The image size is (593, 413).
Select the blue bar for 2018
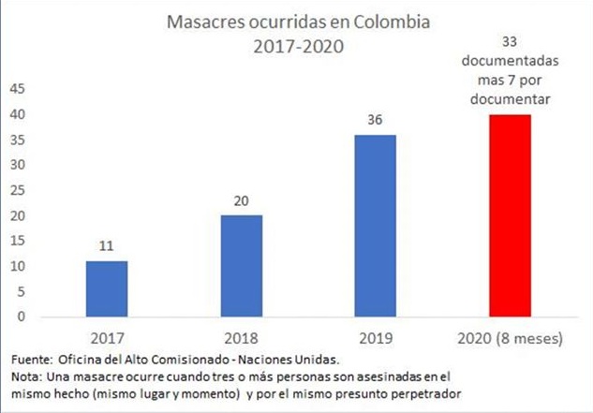click(241, 266)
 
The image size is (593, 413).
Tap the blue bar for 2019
click(376, 226)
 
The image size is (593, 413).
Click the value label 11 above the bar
click(106, 246)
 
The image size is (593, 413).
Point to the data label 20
click(241, 201)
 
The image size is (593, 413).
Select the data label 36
click(376, 121)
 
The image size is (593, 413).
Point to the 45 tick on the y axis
click(17, 89)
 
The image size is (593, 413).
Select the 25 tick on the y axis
click(17, 190)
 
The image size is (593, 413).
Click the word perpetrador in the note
click(432, 392)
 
